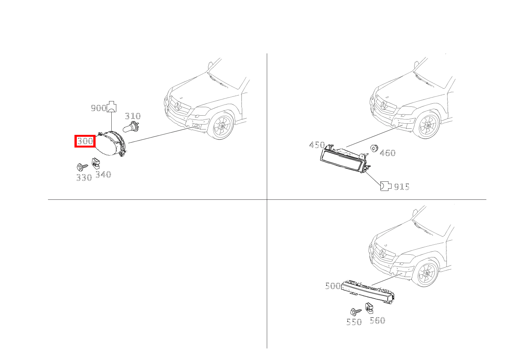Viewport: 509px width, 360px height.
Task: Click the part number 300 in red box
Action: coord(85,141)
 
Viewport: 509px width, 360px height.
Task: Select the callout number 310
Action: coord(133,116)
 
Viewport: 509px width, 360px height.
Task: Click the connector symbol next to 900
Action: coord(112,107)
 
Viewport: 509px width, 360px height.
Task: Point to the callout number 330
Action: coord(84,178)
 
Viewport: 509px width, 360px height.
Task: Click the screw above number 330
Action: coord(82,167)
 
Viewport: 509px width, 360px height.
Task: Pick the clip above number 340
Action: coord(96,164)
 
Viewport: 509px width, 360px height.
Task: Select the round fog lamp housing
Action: coord(111,144)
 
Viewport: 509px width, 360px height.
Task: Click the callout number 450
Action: coord(317,145)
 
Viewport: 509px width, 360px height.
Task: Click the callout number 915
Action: coord(402,187)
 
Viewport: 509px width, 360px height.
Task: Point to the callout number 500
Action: coord(332,286)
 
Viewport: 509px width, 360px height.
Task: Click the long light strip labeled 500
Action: coord(369,292)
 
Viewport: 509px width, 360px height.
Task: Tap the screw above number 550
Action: coord(354,312)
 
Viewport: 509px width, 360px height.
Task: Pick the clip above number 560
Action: coord(370,308)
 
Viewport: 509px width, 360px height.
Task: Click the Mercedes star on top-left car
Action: coord(177,106)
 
